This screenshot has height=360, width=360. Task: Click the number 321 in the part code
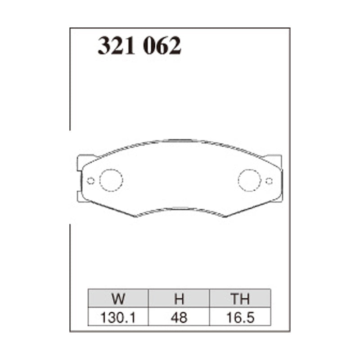[117, 46]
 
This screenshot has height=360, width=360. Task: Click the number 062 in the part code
[162, 46]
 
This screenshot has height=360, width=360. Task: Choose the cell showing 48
[179, 318]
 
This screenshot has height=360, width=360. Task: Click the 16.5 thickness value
[240, 318]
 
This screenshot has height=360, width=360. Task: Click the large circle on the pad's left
[111, 180]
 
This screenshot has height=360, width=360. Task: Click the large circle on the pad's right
[249, 180]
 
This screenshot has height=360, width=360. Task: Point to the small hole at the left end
[90, 181]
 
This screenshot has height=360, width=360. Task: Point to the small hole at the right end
[269, 181]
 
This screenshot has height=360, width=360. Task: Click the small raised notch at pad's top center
[180, 140]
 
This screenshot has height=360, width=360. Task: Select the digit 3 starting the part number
[104, 46]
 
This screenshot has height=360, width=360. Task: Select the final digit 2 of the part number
[175, 46]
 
